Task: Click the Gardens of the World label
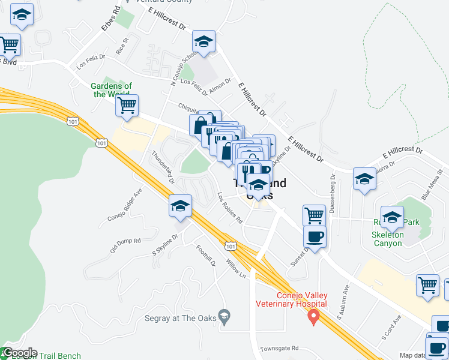112,90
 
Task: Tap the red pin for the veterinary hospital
313,316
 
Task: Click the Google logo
19,353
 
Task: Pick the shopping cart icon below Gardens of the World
127,106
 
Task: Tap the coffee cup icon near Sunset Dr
315,236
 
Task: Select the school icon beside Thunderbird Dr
180,206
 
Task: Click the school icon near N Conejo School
203,42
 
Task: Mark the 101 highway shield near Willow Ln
231,245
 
